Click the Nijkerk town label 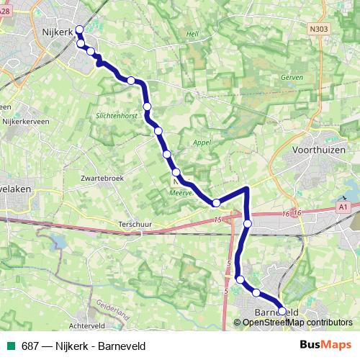click(x=60, y=32)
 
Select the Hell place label click(x=192, y=34)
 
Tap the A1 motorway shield click(x=343, y=207)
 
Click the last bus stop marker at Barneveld click(x=282, y=311)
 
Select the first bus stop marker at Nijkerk click(x=79, y=30)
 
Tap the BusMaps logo click(x=325, y=345)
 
